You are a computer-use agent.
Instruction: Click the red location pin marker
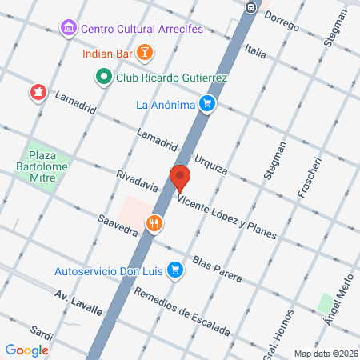(180, 177)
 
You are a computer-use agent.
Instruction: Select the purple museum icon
(69, 29)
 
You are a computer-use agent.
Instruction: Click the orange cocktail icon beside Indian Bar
(144, 54)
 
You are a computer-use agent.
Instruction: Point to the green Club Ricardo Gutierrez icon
(103, 78)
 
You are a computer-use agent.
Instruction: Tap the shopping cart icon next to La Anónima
(206, 103)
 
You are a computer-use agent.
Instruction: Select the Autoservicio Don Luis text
(108, 271)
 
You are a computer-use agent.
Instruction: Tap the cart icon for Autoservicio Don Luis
(175, 271)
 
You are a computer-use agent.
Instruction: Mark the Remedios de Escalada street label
(182, 310)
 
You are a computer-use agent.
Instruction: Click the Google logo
(27, 350)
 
